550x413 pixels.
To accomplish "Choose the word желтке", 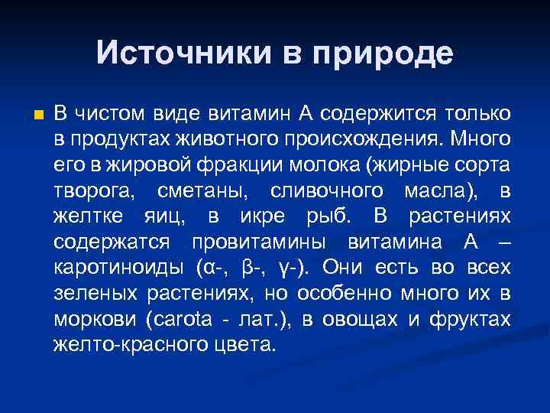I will click(86, 217).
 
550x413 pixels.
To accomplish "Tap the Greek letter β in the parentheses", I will click(246, 268).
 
